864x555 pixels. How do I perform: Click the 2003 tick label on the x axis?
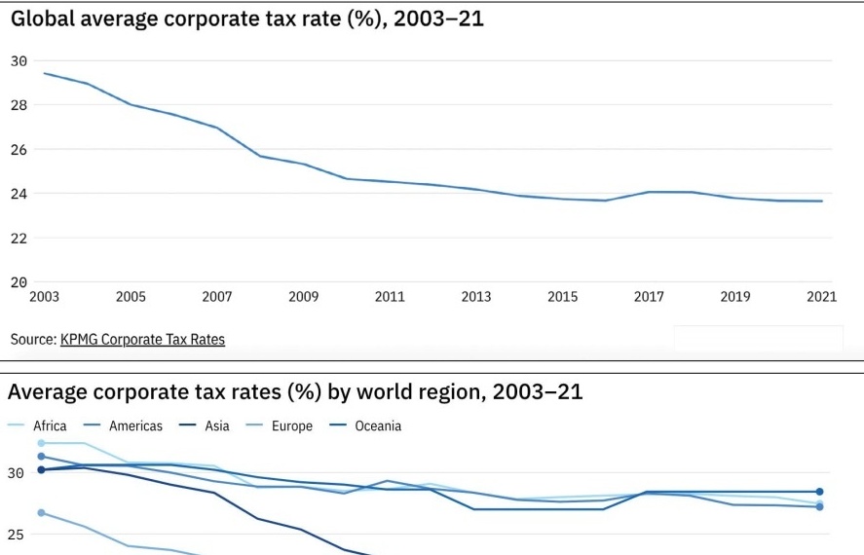click(x=44, y=297)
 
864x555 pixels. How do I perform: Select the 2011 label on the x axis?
click(x=390, y=297)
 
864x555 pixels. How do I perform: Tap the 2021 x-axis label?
click(x=821, y=297)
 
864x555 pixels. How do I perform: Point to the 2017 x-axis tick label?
click(x=649, y=297)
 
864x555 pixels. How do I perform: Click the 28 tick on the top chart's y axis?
click(x=19, y=105)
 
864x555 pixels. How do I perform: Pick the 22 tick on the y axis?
click(x=19, y=239)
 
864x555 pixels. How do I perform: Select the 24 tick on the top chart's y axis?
click(x=19, y=194)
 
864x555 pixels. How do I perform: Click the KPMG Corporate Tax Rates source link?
click(x=142, y=340)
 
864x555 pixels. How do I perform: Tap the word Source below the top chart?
click(x=32, y=340)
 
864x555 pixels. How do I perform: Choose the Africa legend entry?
click(x=49, y=425)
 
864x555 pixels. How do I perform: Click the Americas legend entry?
click(x=135, y=425)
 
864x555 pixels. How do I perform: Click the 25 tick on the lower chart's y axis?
click(x=16, y=535)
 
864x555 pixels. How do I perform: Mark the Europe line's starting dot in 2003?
click(x=41, y=513)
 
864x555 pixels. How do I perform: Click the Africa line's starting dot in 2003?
click(x=41, y=443)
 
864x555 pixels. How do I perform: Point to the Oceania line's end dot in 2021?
click(x=819, y=492)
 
